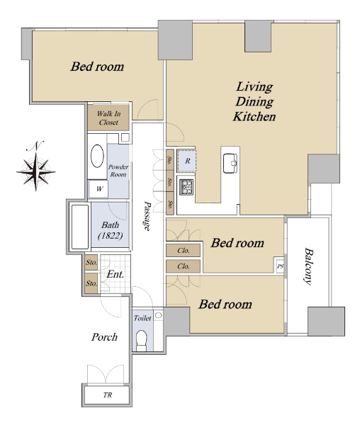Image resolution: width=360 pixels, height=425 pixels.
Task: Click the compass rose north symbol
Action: [36, 171]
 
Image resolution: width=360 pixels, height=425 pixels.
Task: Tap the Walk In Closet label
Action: [108, 118]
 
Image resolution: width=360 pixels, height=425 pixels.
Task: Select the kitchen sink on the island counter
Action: [230, 163]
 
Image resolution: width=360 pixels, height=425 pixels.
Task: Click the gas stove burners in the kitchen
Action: [187, 187]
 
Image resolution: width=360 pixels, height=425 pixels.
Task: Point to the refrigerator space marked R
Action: [186, 161]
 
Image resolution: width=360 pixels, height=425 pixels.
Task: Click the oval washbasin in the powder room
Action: [97, 156]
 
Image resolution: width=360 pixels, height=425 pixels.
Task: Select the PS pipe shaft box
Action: [280, 266]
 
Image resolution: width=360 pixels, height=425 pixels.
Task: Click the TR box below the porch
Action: [107, 395]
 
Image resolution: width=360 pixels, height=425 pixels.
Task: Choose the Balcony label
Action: [308, 266]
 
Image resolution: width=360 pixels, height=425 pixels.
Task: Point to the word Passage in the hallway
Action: [147, 216]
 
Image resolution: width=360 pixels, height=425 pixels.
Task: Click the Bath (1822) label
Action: [111, 230]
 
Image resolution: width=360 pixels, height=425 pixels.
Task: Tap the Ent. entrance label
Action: [116, 274]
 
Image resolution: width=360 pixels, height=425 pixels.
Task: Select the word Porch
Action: [104, 337]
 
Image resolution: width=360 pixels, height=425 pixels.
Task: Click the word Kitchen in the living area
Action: [254, 117]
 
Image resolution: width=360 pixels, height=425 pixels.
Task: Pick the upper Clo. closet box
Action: [184, 251]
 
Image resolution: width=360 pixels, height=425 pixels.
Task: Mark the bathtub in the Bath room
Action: [80, 227]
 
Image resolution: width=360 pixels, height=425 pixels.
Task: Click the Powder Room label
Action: [118, 171]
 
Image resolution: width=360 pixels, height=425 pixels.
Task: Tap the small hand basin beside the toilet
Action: [159, 315]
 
